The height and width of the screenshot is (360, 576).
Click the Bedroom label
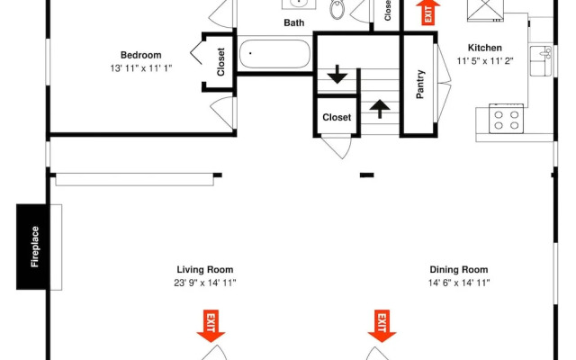pos(141,55)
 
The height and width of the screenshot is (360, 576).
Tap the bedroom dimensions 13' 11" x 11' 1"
pos(141,68)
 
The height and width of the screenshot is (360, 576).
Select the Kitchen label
pos(484,48)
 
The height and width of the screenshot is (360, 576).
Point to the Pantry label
pos(420,85)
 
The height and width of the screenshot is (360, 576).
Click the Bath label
pos(294,22)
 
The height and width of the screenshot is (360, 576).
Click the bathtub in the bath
pos(274,54)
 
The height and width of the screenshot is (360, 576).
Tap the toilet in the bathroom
pos(337,9)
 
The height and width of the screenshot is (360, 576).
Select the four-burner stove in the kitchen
pos(506,119)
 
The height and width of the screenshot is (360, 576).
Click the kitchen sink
pos(541,61)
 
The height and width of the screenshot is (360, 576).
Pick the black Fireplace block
pos(31,247)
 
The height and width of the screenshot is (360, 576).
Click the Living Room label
pos(205,270)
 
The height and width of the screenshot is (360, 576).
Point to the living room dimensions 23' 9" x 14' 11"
pos(205,283)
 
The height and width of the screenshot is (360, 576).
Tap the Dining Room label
pos(459,270)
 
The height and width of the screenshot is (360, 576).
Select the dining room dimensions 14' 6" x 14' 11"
pos(459,283)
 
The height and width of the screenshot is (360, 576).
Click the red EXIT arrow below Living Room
pos(211,326)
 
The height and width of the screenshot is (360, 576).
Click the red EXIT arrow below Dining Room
pos(382,326)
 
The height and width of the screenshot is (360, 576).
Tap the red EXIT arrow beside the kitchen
pos(428,13)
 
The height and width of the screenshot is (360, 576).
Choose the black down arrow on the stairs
pos(337,74)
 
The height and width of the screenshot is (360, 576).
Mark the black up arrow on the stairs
pos(380,109)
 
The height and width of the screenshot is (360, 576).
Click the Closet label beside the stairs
pos(337,118)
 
